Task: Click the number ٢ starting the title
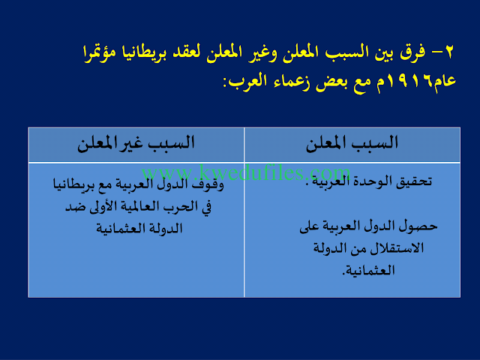(448, 52)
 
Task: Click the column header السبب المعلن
(352, 143)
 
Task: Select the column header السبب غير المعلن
(136, 143)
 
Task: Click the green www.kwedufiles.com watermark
(245, 172)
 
